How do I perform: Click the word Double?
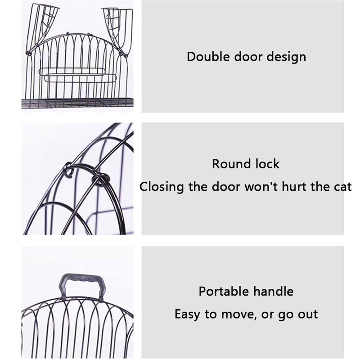[x=208, y=57]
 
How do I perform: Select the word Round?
[x=231, y=164]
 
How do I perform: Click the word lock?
[x=267, y=164]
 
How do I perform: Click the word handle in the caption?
[x=274, y=291]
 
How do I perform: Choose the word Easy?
[x=187, y=314]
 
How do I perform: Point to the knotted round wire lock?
[x=100, y=179]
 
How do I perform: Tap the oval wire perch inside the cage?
[x=78, y=75]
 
